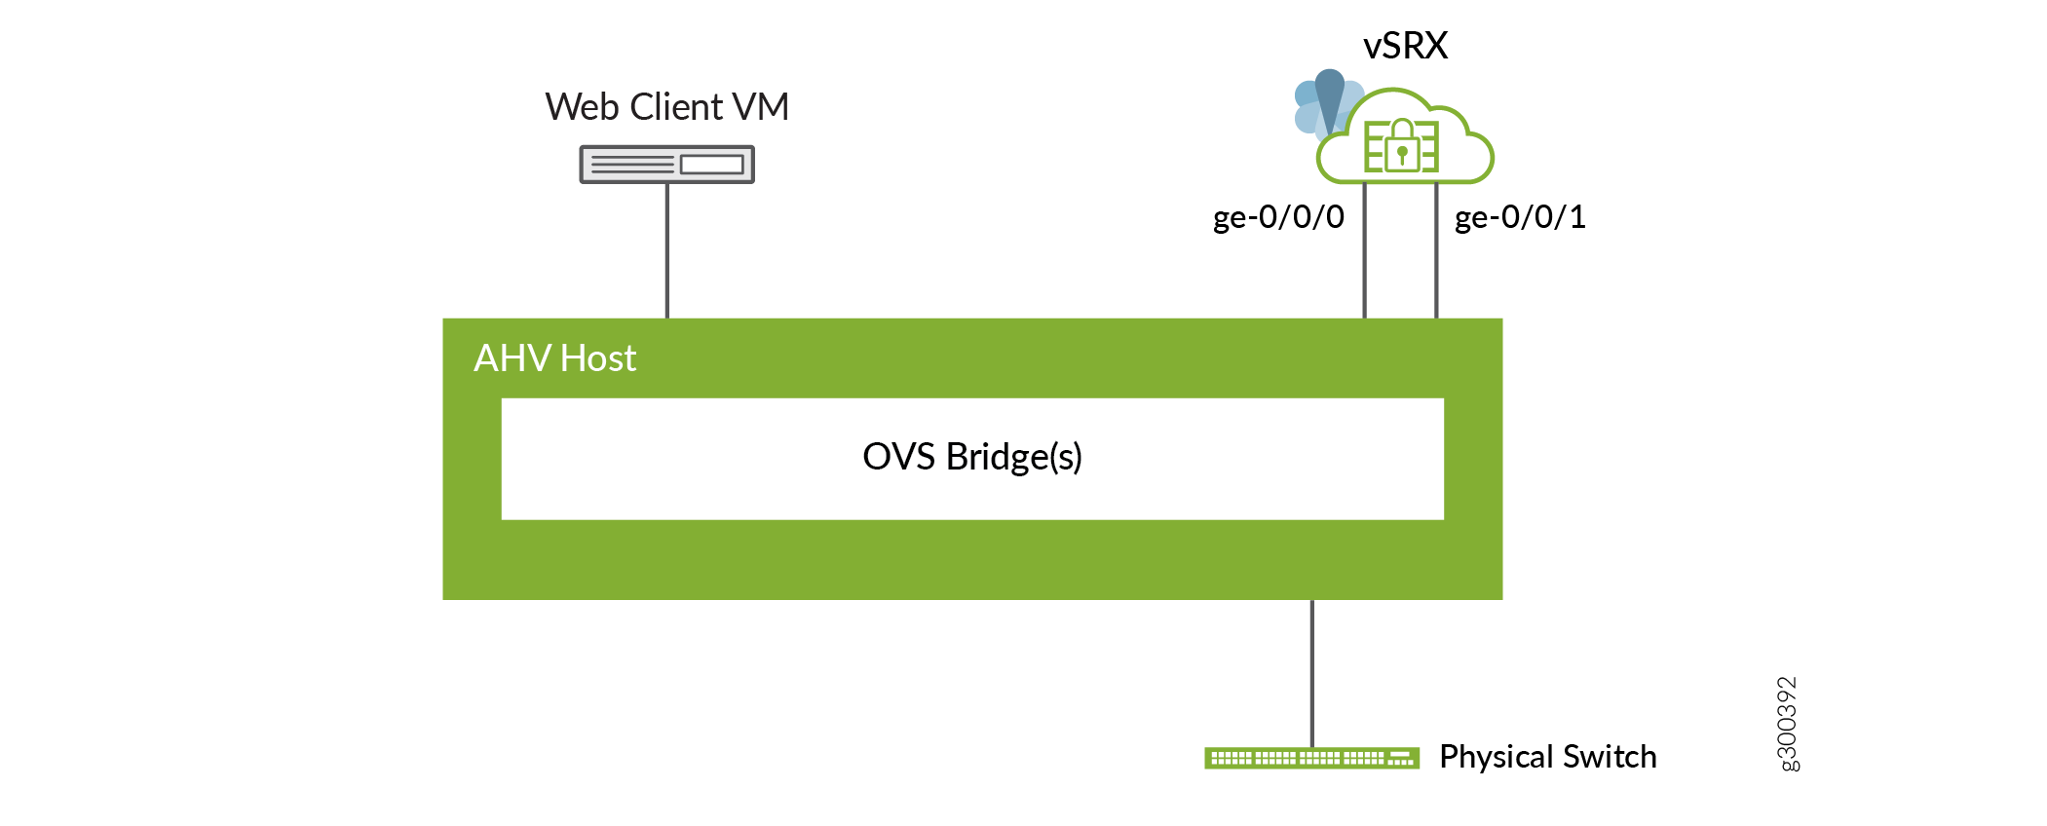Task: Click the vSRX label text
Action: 1405,46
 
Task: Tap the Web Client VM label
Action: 666,107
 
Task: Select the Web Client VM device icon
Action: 666,165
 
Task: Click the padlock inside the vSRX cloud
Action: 1402,147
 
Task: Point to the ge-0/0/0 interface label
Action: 1278,217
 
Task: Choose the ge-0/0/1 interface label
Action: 1520,217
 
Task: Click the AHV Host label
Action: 554,358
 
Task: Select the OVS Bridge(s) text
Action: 972,457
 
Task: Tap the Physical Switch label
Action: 1547,757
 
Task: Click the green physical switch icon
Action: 1311,758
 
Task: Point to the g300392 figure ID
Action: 1788,724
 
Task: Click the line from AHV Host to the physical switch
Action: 1312,672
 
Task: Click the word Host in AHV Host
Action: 598,358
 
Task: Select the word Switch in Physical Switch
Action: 1610,757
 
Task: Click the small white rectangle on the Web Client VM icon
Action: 711,165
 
